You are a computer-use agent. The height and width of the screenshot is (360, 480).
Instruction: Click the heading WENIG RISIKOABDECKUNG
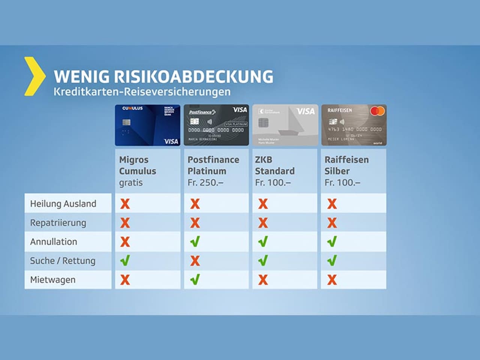163,76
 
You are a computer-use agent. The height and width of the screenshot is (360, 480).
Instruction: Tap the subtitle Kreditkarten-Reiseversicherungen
142,92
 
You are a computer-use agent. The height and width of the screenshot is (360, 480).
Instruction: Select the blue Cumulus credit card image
147,125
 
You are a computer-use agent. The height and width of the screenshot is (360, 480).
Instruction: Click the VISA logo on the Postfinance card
240,110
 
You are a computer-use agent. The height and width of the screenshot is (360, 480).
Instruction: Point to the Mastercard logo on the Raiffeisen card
377,111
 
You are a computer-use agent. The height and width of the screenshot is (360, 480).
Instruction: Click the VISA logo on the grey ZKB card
306,111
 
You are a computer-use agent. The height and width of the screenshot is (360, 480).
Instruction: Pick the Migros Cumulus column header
137,165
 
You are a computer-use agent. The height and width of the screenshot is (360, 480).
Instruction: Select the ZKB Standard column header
274,165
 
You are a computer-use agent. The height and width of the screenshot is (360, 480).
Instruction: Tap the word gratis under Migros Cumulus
131,183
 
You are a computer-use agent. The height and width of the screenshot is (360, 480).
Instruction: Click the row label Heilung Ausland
63,204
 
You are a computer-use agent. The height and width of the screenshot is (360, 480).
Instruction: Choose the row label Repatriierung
58,223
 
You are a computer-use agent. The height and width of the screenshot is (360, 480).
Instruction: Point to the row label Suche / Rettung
63,261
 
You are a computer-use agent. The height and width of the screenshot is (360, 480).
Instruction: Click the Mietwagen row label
53,280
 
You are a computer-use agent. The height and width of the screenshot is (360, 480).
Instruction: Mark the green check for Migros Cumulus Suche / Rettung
125,260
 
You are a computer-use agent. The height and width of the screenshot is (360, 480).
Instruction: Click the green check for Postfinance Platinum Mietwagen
195,279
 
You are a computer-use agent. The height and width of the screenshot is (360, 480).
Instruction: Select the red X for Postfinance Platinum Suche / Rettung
195,261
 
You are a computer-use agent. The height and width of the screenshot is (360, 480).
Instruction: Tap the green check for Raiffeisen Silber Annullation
332,241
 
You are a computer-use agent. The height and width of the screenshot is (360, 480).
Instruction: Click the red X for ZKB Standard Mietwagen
263,280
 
